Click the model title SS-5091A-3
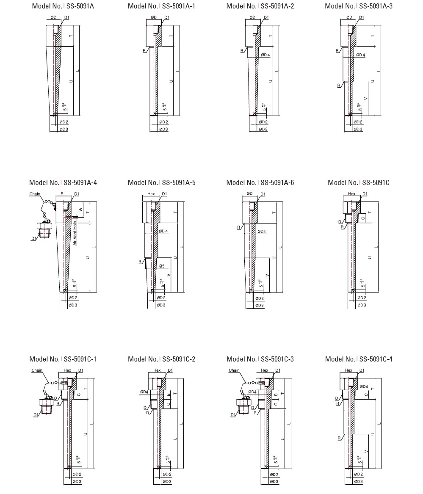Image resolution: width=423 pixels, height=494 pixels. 359,6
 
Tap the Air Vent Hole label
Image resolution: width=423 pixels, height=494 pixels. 75,233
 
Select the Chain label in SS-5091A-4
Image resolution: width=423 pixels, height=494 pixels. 35,194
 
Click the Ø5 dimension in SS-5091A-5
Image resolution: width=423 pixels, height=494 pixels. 162,266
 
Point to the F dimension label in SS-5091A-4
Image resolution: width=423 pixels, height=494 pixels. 61,194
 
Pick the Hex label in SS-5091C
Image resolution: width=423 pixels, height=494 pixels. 351,194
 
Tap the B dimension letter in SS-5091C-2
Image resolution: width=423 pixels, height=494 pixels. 169,395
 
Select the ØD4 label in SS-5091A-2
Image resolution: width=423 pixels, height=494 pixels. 265,55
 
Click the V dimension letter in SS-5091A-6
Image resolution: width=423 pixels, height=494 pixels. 267,275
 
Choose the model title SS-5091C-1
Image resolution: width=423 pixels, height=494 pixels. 63,359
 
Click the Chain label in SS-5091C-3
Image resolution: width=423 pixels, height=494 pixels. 234,370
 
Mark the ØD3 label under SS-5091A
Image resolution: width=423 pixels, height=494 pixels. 63,129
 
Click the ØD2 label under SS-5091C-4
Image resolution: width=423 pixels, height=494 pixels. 358,475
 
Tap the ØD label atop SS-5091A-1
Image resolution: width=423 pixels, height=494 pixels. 153,17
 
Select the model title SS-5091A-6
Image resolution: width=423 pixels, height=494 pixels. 260,182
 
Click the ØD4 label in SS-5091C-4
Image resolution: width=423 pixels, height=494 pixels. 364,386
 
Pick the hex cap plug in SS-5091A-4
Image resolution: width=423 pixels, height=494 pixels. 44,229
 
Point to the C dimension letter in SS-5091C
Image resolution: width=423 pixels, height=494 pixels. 362,218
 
